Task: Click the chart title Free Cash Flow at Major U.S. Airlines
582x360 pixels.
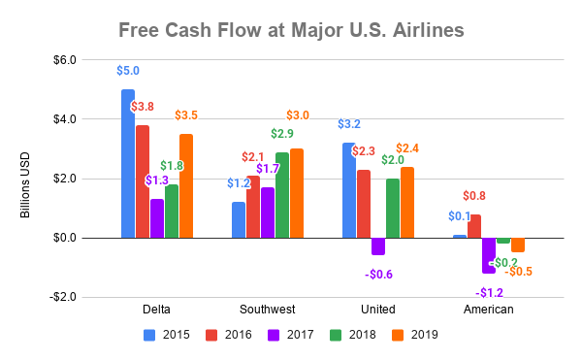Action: pyautogui.click(x=291, y=30)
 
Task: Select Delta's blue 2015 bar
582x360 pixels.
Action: pyautogui.click(x=128, y=163)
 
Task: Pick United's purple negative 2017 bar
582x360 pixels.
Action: pyautogui.click(x=378, y=246)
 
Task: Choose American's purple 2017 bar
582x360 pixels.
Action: pyautogui.click(x=489, y=255)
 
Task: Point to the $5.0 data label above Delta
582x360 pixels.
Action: pyautogui.click(x=128, y=71)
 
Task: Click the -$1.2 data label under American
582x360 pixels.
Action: pyautogui.click(x=489, y=292)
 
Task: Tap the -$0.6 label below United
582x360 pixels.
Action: pyautogui.click(x=378, y=274)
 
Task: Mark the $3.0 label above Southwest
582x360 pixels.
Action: pyautogui.click(x=297, y=115)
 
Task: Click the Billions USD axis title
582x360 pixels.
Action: pyautogui.click(x=26, y=178)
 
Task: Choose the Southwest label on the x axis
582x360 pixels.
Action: pyautogui.click(x=268, y=310)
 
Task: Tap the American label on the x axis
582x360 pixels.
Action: pyautogui.click(x=489, y=310)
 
